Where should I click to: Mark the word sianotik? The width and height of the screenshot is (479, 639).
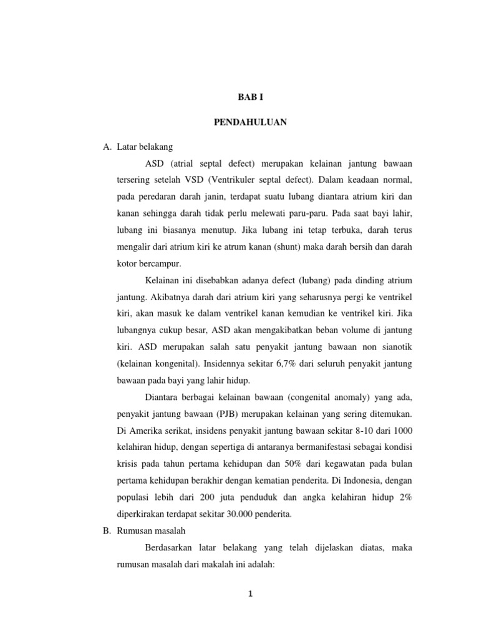coord(395,346)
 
